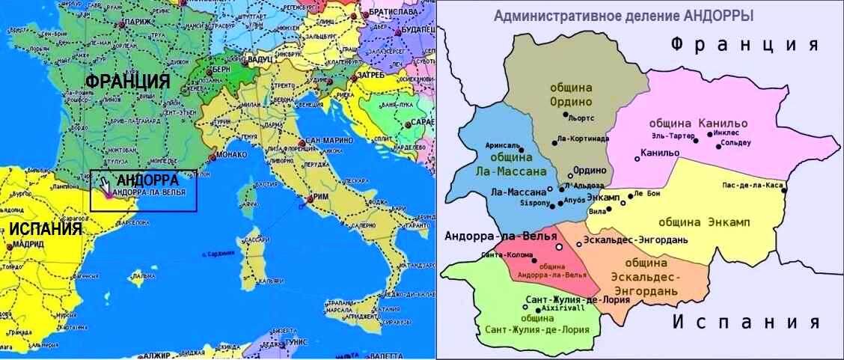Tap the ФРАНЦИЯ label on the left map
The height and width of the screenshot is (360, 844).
(x=127, y=81)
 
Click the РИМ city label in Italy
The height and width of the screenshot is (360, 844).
(x=319, y=198)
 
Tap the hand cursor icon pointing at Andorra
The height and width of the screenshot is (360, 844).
(x=105, y=185)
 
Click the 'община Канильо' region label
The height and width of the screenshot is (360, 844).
(x=687, y=123)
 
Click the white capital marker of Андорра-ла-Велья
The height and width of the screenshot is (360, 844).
(x=558, y=246)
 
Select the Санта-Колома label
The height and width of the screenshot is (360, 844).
(x=509, y=254)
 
